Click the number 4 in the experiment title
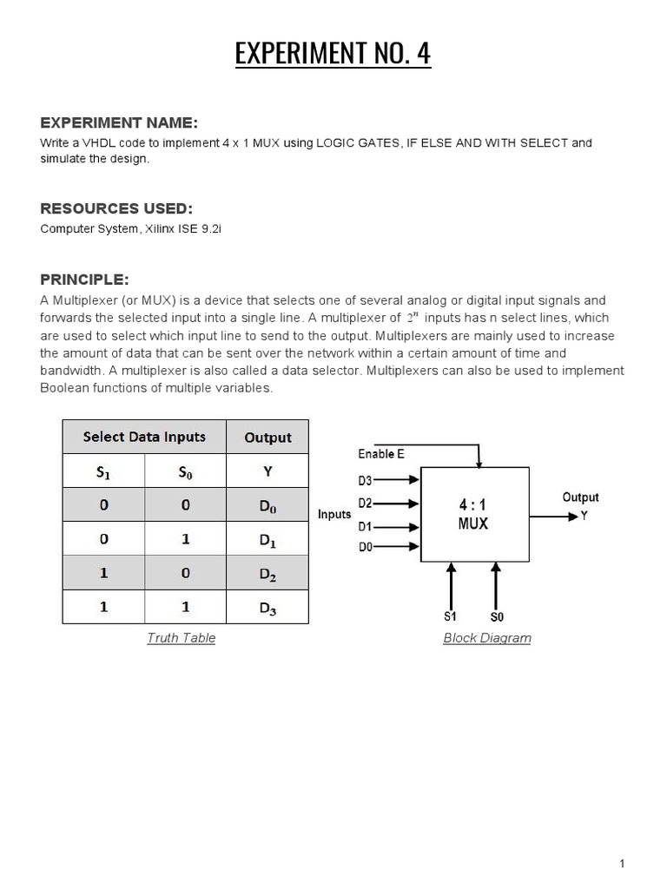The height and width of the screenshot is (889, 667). click(423, 54)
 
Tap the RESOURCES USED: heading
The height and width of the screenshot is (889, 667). click(116, 208)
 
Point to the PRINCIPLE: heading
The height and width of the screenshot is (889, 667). click(84, 280)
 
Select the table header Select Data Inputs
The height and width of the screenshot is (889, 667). click(144, 437)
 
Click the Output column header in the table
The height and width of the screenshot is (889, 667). click(267, 438)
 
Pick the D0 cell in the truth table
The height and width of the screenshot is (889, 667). click(267, 505)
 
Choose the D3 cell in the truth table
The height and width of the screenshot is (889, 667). click(267, 607)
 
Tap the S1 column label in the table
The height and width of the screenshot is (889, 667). click(103, 471)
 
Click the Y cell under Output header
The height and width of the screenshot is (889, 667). click(267, 471)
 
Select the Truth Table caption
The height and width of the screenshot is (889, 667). click(181, 638)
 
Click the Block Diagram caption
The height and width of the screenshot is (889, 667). click(486, 638)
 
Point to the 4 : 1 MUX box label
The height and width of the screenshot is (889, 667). click(473, 514)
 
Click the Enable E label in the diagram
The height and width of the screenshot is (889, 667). click(381, 454)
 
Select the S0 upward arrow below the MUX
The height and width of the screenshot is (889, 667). click(496, 586)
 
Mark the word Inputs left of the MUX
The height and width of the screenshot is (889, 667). click(334, 515)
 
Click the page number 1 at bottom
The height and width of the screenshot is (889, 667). click(622, 863)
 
